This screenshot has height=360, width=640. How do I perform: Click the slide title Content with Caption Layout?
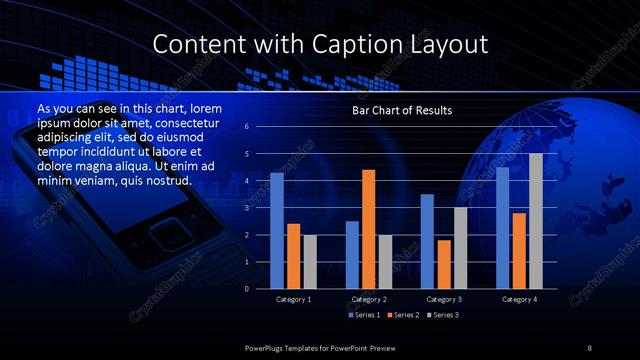tap(320, 45)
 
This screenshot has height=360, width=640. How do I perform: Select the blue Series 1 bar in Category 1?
tap(277, 231)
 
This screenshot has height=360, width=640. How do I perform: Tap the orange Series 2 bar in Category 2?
tap(368, 229)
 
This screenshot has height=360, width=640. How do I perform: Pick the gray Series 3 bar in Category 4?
tap(536, 221)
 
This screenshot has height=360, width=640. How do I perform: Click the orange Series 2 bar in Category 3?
tap(444, 264)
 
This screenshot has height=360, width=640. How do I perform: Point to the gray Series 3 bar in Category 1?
tap(309, 261)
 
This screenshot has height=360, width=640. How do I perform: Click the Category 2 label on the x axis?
tap(369, 299)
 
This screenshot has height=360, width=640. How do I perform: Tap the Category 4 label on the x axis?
tap(520, 299)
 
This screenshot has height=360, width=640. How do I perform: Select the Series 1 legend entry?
tap(364, 315)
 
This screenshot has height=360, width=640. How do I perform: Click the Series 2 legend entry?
tap(404, 315)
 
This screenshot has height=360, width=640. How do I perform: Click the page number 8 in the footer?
tap(590, 346)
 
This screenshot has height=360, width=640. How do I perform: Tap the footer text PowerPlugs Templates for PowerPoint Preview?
tap(320, 346)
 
